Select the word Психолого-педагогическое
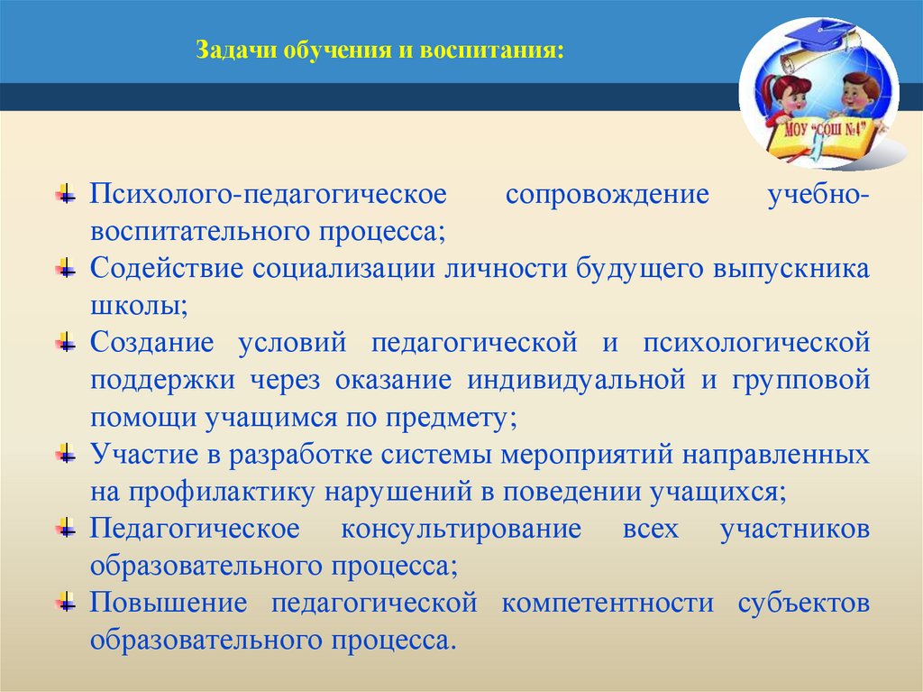coord(269,195)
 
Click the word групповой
coord(803,380)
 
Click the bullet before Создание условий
coord(66,342)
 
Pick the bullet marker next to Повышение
coord(66,601)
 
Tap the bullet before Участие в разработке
coord(66,453)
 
